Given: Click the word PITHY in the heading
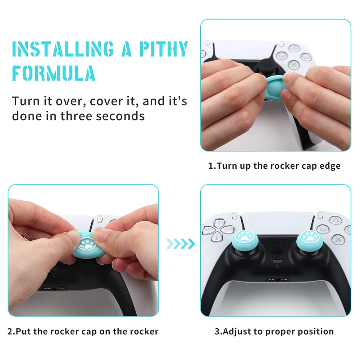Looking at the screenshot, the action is pyautogui.click(x=163, y=49).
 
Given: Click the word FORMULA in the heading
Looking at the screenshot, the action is pyautogui.click(x=54, y=73).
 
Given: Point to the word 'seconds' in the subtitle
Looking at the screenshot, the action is pyautogui.click(x=120, y=116).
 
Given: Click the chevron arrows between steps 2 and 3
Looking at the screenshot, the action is pyautogui.click(x=181, y=244).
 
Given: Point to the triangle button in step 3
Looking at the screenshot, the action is pyautogui.click(x=336, y=220).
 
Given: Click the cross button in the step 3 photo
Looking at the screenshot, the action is pyautogui.click(x=338, y=240).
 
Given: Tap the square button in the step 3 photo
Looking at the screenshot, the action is pyautogui.click(x=323, y=229).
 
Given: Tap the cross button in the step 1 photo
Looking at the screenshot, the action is pyautogui.click(x=294, y=65).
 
